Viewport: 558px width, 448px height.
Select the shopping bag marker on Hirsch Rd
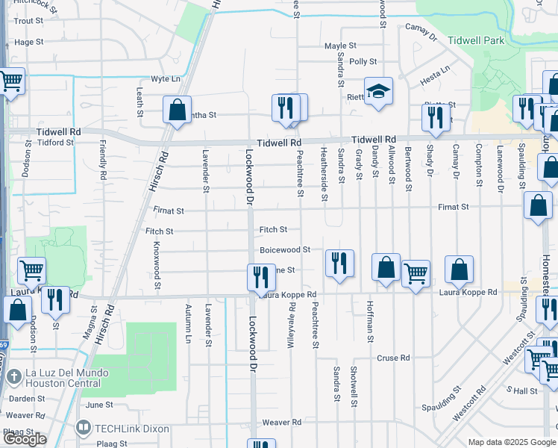click(x=178, y=111)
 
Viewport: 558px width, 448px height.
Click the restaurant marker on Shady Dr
click(x=433, y=117)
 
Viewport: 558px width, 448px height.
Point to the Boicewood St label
click(x=284, y=250)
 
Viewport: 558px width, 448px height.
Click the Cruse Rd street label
click(x=393, y=358)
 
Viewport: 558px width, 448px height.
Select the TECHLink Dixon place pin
click(x=83, y=429)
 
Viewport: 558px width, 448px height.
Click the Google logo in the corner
click(x=25, y=439)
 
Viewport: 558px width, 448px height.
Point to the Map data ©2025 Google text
click(x=511, y=442)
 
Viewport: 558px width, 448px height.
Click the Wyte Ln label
click(x=166, y=78)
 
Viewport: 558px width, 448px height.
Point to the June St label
click(x=98, y=405)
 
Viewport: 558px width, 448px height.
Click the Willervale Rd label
click(x=291, y=323)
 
